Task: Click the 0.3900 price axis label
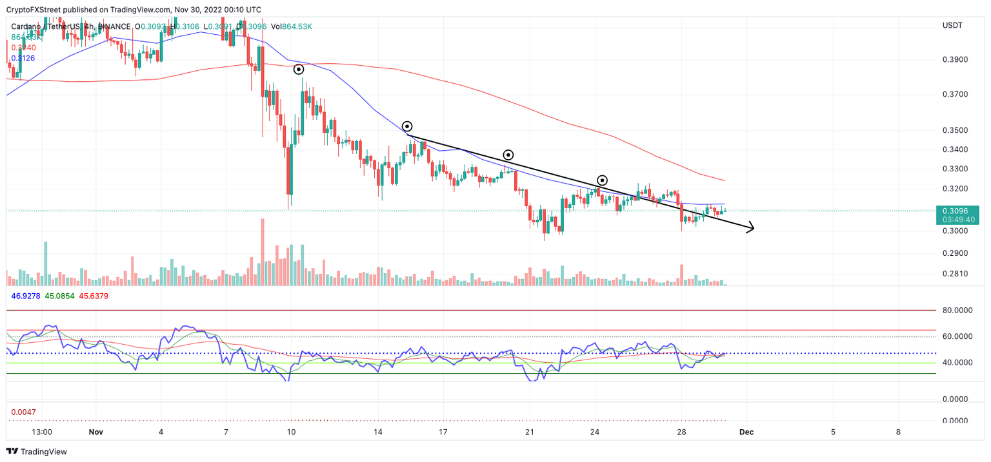(955, 59)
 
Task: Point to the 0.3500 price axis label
(955, 130)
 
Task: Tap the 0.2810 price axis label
(955, 274)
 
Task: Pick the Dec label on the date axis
(746, 432)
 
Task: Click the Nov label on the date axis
(95, 432)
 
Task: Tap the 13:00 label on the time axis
(41, 432)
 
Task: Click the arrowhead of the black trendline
(750, 228)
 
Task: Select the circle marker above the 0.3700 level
(299, 69)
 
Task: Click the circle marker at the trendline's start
(407, 126)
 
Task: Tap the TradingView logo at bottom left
(37, 452)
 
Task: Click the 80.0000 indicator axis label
(957, 310)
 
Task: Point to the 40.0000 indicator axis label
(957, 362)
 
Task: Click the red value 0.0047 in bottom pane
(23, 411)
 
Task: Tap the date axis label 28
(681, 432)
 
